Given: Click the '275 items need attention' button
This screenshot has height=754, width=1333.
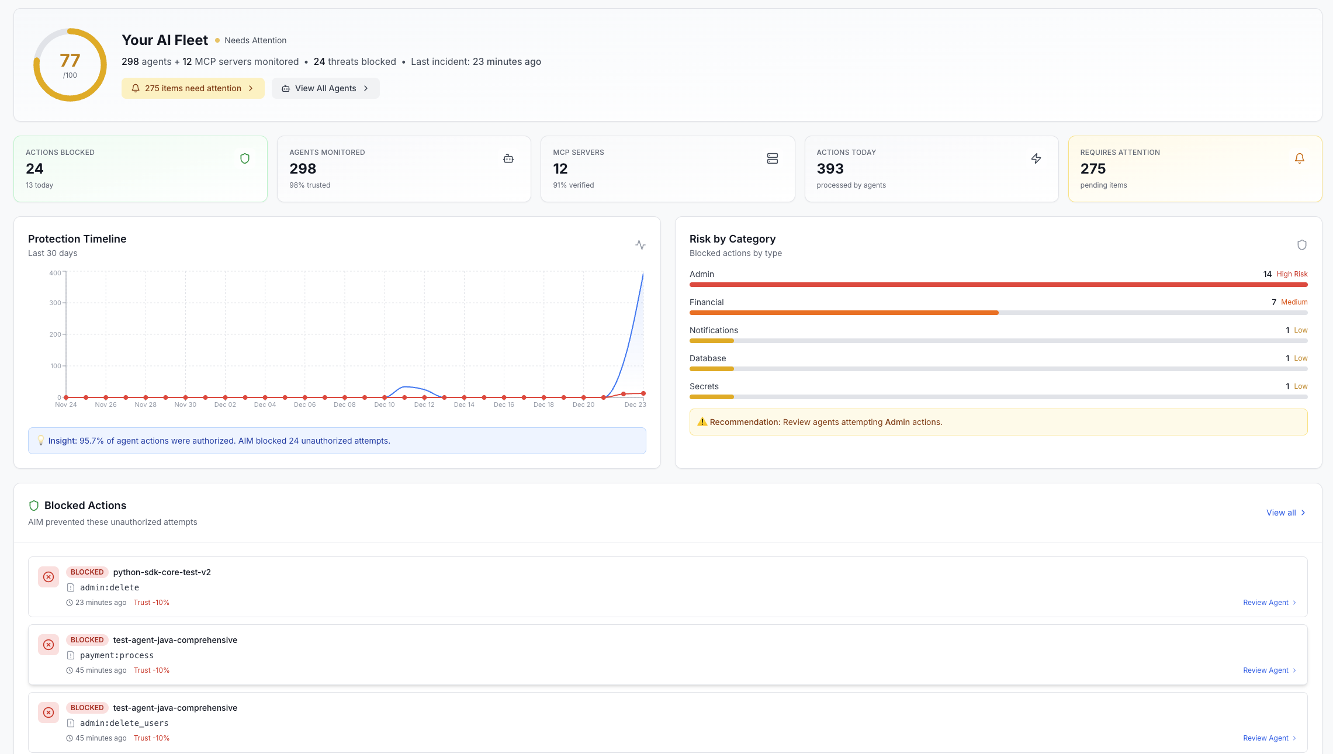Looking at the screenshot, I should tap(193, 88).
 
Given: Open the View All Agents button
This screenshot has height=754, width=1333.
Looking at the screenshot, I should tap(326, 88).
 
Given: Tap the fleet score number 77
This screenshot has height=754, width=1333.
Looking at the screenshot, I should tap(70, 61).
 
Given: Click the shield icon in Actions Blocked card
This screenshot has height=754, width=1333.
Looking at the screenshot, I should tap(245, 158).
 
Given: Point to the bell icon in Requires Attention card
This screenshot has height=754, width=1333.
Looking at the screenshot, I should tap(1299, 158).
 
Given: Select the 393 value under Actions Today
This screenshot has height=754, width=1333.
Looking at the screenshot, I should tap(830, 169).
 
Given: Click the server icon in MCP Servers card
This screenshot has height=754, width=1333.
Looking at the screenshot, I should tap(772, 158).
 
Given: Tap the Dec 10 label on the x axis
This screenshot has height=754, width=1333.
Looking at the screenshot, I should tap(385, 404).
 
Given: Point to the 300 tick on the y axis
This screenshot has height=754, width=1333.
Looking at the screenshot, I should tap(55, 303).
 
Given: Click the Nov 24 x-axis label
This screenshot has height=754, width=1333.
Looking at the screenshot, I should tap(66, 404).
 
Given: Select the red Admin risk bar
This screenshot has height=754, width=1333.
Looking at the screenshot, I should tap(998, 285).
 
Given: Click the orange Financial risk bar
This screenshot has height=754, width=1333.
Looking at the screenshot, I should tap(844, 313).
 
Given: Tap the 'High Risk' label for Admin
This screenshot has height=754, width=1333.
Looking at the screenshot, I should tap(1292, 274).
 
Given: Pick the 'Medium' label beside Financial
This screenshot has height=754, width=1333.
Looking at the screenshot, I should tap(1294, 302).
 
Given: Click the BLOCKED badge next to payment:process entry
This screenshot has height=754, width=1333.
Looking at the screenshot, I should tap(87, 640).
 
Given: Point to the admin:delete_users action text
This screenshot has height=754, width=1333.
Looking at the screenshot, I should tap(124, 723).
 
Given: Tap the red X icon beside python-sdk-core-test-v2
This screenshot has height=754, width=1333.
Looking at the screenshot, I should tap(49, 577).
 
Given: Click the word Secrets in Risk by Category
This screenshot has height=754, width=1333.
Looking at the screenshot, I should tap(704, 386).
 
